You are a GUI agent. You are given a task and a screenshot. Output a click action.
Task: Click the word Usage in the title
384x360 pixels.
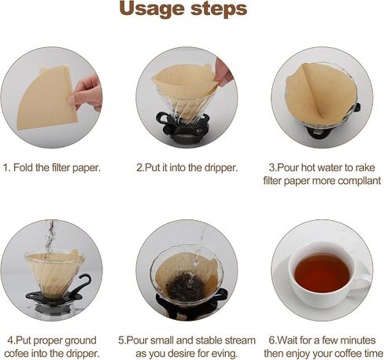(152, 9)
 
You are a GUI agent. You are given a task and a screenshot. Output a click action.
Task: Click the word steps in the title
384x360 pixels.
(219, 9)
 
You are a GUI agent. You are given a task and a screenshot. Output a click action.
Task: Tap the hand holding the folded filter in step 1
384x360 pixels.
(87, 93)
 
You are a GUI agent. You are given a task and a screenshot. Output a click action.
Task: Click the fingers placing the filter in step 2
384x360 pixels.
(223, 72)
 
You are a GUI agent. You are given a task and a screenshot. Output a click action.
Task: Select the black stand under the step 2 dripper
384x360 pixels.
(183, 127)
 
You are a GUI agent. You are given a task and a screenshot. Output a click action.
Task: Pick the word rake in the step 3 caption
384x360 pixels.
(365, 167)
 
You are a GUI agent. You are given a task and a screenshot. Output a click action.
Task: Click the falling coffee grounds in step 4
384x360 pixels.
(50, 238)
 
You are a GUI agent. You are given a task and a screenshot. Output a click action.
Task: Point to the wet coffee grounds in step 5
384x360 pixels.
(186, 286)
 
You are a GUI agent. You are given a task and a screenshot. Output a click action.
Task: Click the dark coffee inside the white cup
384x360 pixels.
(322, 273)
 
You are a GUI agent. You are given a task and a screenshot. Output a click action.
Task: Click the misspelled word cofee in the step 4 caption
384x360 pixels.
(17, 353)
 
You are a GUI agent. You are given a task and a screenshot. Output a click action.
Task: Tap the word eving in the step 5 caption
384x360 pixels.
(223, 354)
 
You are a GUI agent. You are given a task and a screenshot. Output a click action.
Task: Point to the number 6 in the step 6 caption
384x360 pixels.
(272, 340)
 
